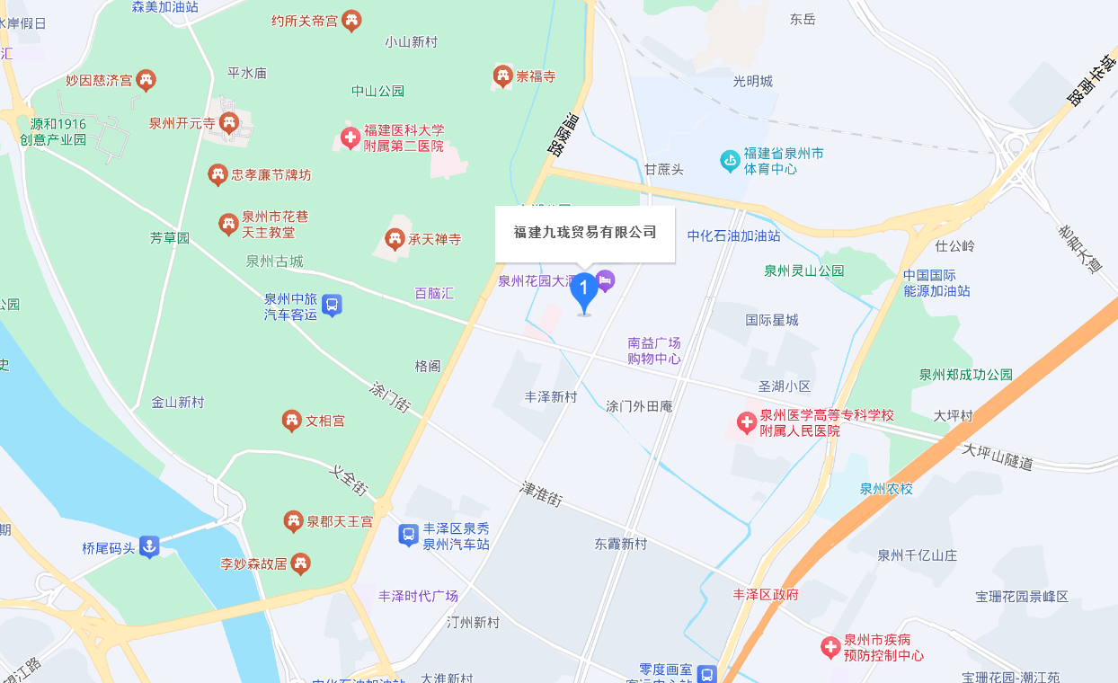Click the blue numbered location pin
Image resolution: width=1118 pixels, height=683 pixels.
584,290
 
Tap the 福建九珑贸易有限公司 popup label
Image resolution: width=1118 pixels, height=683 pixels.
585,233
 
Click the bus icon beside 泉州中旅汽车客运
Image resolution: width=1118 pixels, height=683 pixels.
332,306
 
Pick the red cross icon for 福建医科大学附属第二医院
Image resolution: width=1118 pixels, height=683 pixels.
350,138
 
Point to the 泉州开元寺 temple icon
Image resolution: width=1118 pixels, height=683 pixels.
229,123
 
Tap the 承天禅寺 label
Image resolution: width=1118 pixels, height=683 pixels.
435,239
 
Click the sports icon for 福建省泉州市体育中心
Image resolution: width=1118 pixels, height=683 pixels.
730,162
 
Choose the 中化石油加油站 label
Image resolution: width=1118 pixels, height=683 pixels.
733,235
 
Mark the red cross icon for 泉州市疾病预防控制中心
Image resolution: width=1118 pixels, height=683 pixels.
831,647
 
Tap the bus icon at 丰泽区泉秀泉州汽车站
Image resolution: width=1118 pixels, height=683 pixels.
408,536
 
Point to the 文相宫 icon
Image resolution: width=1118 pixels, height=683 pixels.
291,421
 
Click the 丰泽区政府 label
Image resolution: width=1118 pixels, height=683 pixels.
766,594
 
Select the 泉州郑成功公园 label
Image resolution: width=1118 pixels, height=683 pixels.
965,375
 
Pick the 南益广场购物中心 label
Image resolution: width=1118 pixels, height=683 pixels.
654,350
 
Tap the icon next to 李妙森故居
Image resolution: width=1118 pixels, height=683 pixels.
301,564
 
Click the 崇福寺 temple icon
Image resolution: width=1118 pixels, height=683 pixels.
502,76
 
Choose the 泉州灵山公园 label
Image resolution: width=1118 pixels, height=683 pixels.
804,271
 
